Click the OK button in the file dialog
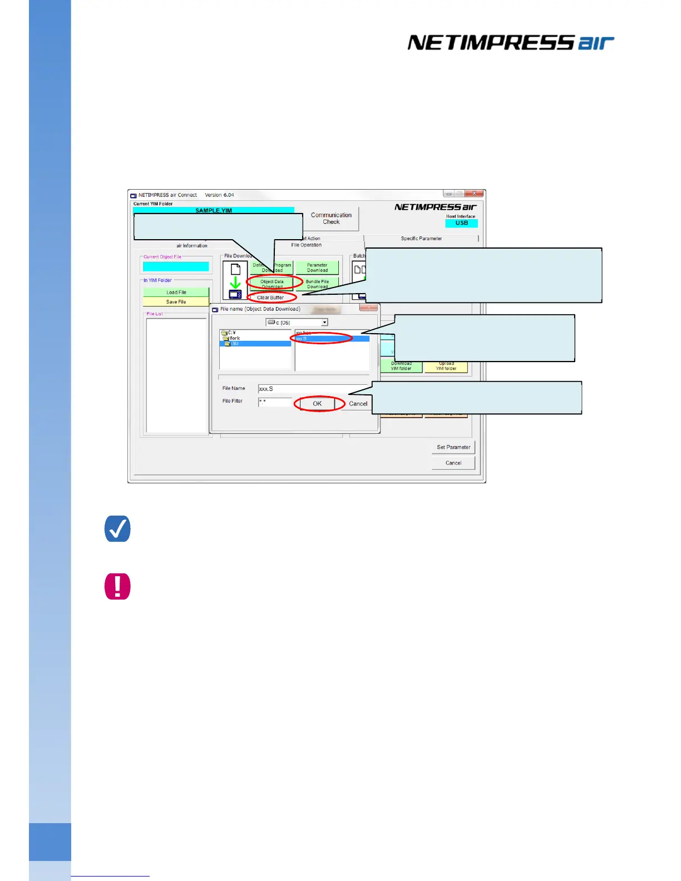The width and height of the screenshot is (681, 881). pos(317,404)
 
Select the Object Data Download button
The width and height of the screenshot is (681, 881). pos(272,284)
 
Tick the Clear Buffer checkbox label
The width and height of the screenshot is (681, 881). pos(270,298)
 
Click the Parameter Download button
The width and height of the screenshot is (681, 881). pos(317,268)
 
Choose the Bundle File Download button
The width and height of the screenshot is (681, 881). pos(317,284)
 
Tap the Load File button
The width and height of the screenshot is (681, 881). pos(176,292)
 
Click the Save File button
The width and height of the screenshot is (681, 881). pos(176,302)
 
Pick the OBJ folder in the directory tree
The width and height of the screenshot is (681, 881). pos(235,344)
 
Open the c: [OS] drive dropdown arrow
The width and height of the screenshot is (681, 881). pos(324,323)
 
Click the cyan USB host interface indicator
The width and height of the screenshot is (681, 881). pos(461,223)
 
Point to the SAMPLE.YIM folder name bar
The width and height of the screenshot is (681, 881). pos(214,211)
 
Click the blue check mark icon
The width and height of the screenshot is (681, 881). pos(117,529)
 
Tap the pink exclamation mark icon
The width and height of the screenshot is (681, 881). pos(117,586)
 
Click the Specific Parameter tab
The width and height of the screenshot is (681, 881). pos(421,239)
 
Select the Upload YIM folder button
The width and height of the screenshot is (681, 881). pos(446,367)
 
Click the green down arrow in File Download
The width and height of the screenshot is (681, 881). pos(235,283)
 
